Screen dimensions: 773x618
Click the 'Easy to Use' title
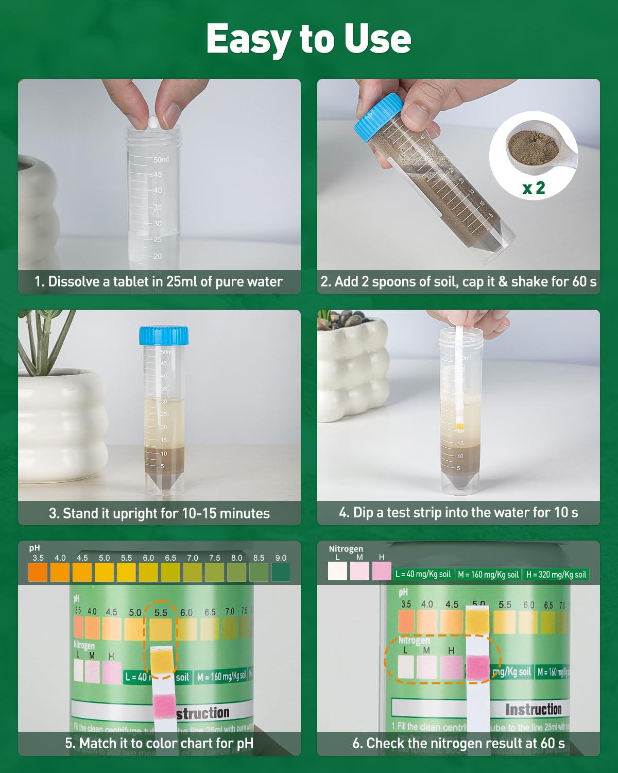tap(308, 39)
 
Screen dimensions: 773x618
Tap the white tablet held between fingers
tap(153, 122)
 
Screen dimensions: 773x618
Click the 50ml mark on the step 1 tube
tap(161, 160)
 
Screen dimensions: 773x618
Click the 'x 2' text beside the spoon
tap(534, 188)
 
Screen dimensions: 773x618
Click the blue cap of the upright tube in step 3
tap(164, 335)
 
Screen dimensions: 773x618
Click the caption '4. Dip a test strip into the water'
tap(458, 512)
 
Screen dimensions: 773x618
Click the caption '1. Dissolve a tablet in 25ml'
tap(159, 281)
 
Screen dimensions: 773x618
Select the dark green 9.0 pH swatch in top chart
tap(281, 572)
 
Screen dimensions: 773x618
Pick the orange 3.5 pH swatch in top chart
tap(38, 572)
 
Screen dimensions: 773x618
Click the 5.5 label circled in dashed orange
tap(161, 613)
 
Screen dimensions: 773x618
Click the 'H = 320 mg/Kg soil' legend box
tap(556, 574)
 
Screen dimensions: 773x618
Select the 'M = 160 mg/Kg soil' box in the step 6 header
tap(488, 574)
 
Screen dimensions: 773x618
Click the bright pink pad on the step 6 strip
tap(477, 668)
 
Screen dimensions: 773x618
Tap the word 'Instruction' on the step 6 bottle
tap(533, 710)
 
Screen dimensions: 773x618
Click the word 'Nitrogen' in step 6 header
tap(346, 549)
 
